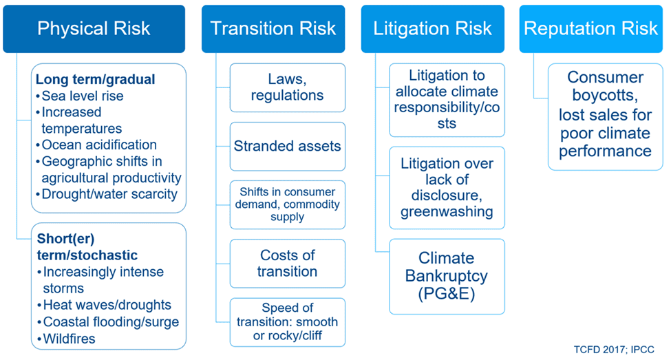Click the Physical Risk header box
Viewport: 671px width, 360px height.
[x=94, y=29]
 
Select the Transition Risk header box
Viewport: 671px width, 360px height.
[x=273, y=29]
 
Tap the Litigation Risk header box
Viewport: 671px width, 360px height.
[x=432, y=29]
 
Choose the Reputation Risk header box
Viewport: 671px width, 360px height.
[x=590, y=29]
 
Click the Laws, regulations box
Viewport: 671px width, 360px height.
[x=287, y=87]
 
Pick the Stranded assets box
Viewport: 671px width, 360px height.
[x=287, y=146]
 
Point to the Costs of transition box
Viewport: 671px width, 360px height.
[x=287, y=263]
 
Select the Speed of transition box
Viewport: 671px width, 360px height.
[x=287, y=321]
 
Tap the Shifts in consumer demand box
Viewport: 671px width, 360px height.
[x=287, y=204]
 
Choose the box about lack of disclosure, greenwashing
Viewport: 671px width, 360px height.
[x=447, y=187]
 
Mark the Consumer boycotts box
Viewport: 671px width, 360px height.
[x=605, y=114]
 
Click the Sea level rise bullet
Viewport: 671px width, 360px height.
[x=81, y=96]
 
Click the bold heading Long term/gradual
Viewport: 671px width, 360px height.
[x=95, y=79]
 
